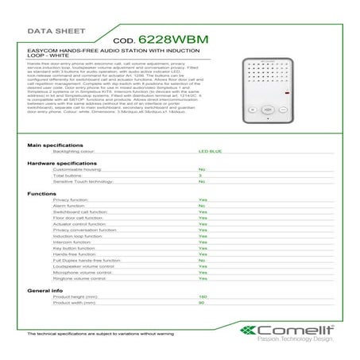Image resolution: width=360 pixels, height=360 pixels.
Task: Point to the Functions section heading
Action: click(41, 193)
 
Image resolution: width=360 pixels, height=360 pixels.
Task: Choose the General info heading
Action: click(45, 291)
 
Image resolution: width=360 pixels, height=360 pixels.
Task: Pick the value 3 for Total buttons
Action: click(200, 175)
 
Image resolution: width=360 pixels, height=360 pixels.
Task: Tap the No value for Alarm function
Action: click(202, 206)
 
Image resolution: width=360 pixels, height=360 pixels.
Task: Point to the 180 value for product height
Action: click(203, 296)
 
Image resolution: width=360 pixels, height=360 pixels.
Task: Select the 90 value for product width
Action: click(202, 303)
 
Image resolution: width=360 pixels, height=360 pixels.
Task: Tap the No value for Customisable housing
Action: click(202, 169)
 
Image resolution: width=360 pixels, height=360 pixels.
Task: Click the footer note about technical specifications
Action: click(100, 334)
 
